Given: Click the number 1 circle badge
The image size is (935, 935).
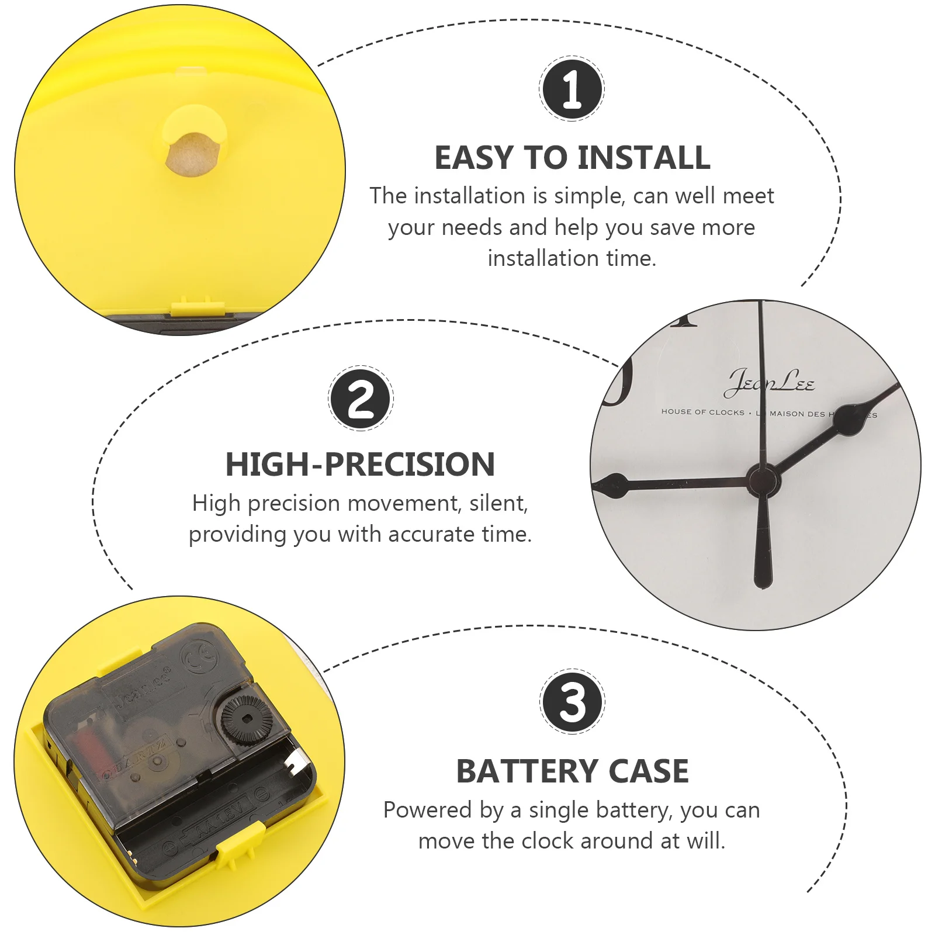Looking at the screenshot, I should pos(572,89).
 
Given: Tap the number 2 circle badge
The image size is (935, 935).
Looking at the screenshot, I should pos(361,399).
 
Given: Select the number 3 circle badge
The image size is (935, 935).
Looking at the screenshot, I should pos(572,702).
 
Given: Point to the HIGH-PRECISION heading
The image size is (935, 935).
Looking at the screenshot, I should pos(360,465).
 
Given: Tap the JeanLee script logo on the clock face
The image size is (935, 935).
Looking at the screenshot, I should pos(769,382).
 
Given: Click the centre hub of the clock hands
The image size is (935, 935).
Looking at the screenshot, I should pos(762,480).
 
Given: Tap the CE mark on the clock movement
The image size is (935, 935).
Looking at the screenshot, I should pos(200,659).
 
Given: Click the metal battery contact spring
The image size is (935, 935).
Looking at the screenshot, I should pos(296,763).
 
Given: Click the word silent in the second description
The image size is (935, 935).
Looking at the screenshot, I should pos(498,503).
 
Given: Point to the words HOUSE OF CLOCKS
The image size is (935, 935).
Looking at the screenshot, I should pos(702,412).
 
